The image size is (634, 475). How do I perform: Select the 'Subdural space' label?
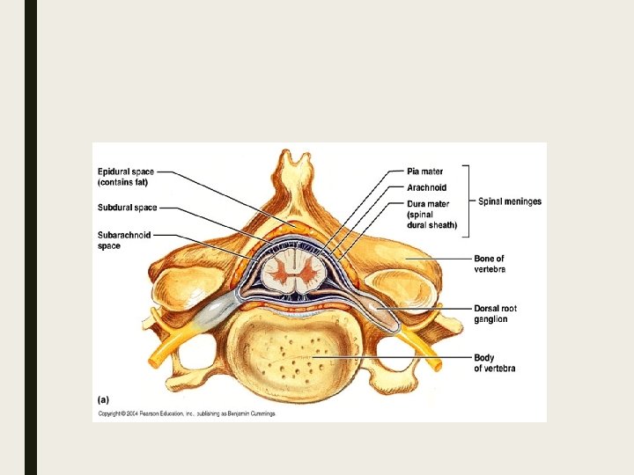(128, 208)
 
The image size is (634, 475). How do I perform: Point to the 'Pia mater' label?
(425, 172)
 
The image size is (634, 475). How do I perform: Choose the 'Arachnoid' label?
(426, 187)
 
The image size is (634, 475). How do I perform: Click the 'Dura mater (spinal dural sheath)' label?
(431, 214)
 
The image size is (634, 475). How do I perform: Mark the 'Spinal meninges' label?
(510, 201)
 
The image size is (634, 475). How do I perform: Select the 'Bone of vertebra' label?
(490, 263)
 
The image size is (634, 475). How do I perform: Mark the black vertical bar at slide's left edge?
(31, 237)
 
